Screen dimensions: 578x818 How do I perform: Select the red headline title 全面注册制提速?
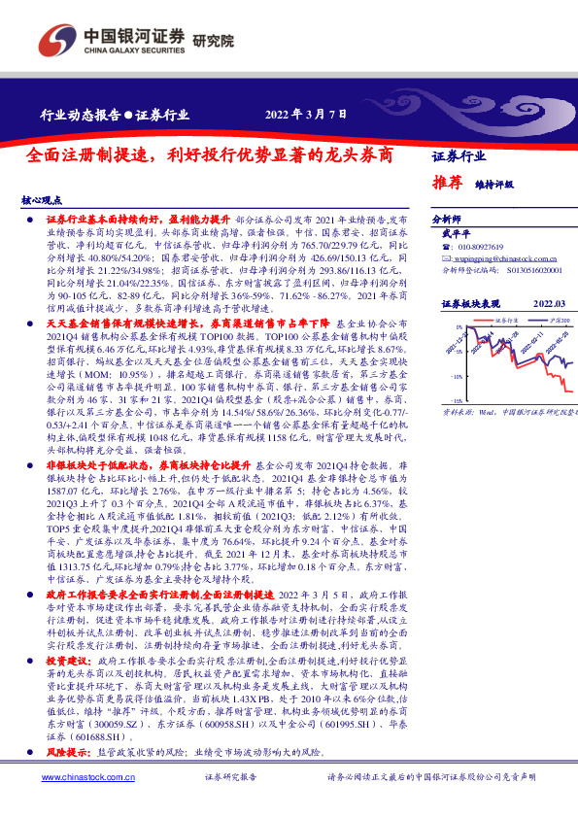pos(210,154)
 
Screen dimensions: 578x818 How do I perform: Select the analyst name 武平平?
pos(456,235)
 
